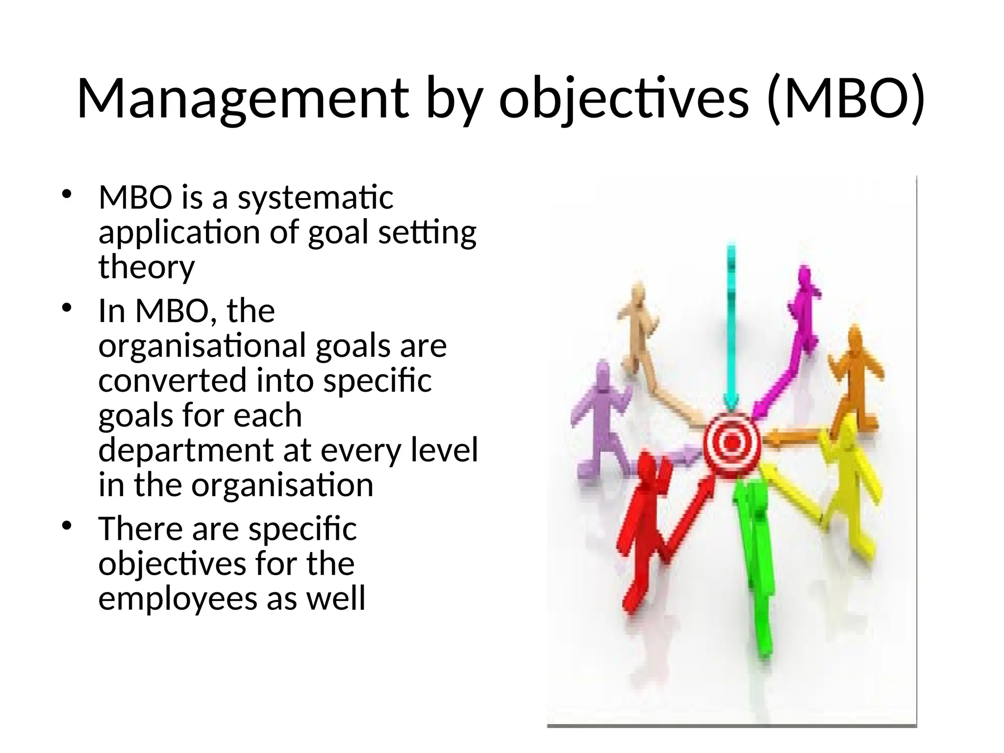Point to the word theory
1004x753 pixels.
[147, 267]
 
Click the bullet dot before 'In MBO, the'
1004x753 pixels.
[67, 309]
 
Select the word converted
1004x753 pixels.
[172, 381]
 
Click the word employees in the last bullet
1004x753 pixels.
[177, 599]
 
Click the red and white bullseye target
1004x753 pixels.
[731, 443]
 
